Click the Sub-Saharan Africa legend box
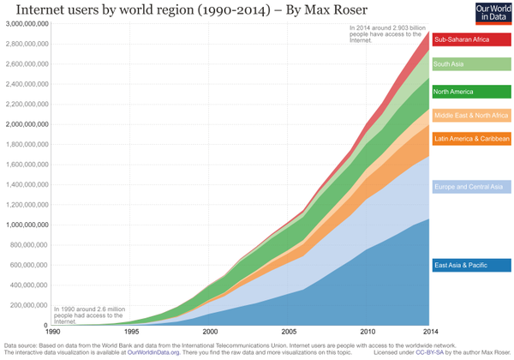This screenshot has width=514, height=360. pos(471,39)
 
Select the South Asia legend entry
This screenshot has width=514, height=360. pos(471,64)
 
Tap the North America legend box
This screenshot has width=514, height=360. pos(471,92)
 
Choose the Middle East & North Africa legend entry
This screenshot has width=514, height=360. pos(471,115)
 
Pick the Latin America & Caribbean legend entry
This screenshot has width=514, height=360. pos(471,138)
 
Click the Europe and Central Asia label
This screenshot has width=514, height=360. pos(471,186)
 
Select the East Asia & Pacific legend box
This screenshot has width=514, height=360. pos(471,265)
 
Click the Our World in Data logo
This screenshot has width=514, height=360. pos(492,13)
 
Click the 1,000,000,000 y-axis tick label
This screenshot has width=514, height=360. pos(27,225)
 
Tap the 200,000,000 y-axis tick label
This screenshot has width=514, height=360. pos(30,305)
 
